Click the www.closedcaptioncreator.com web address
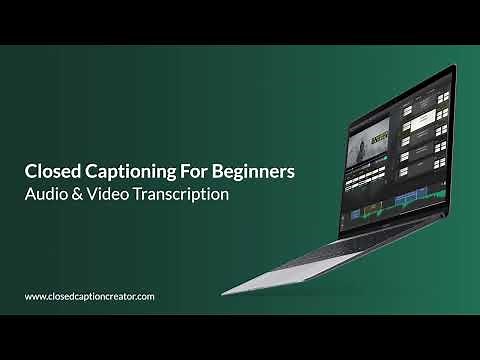click(x=89, y=296)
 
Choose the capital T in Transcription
click(x=149, y=194)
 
